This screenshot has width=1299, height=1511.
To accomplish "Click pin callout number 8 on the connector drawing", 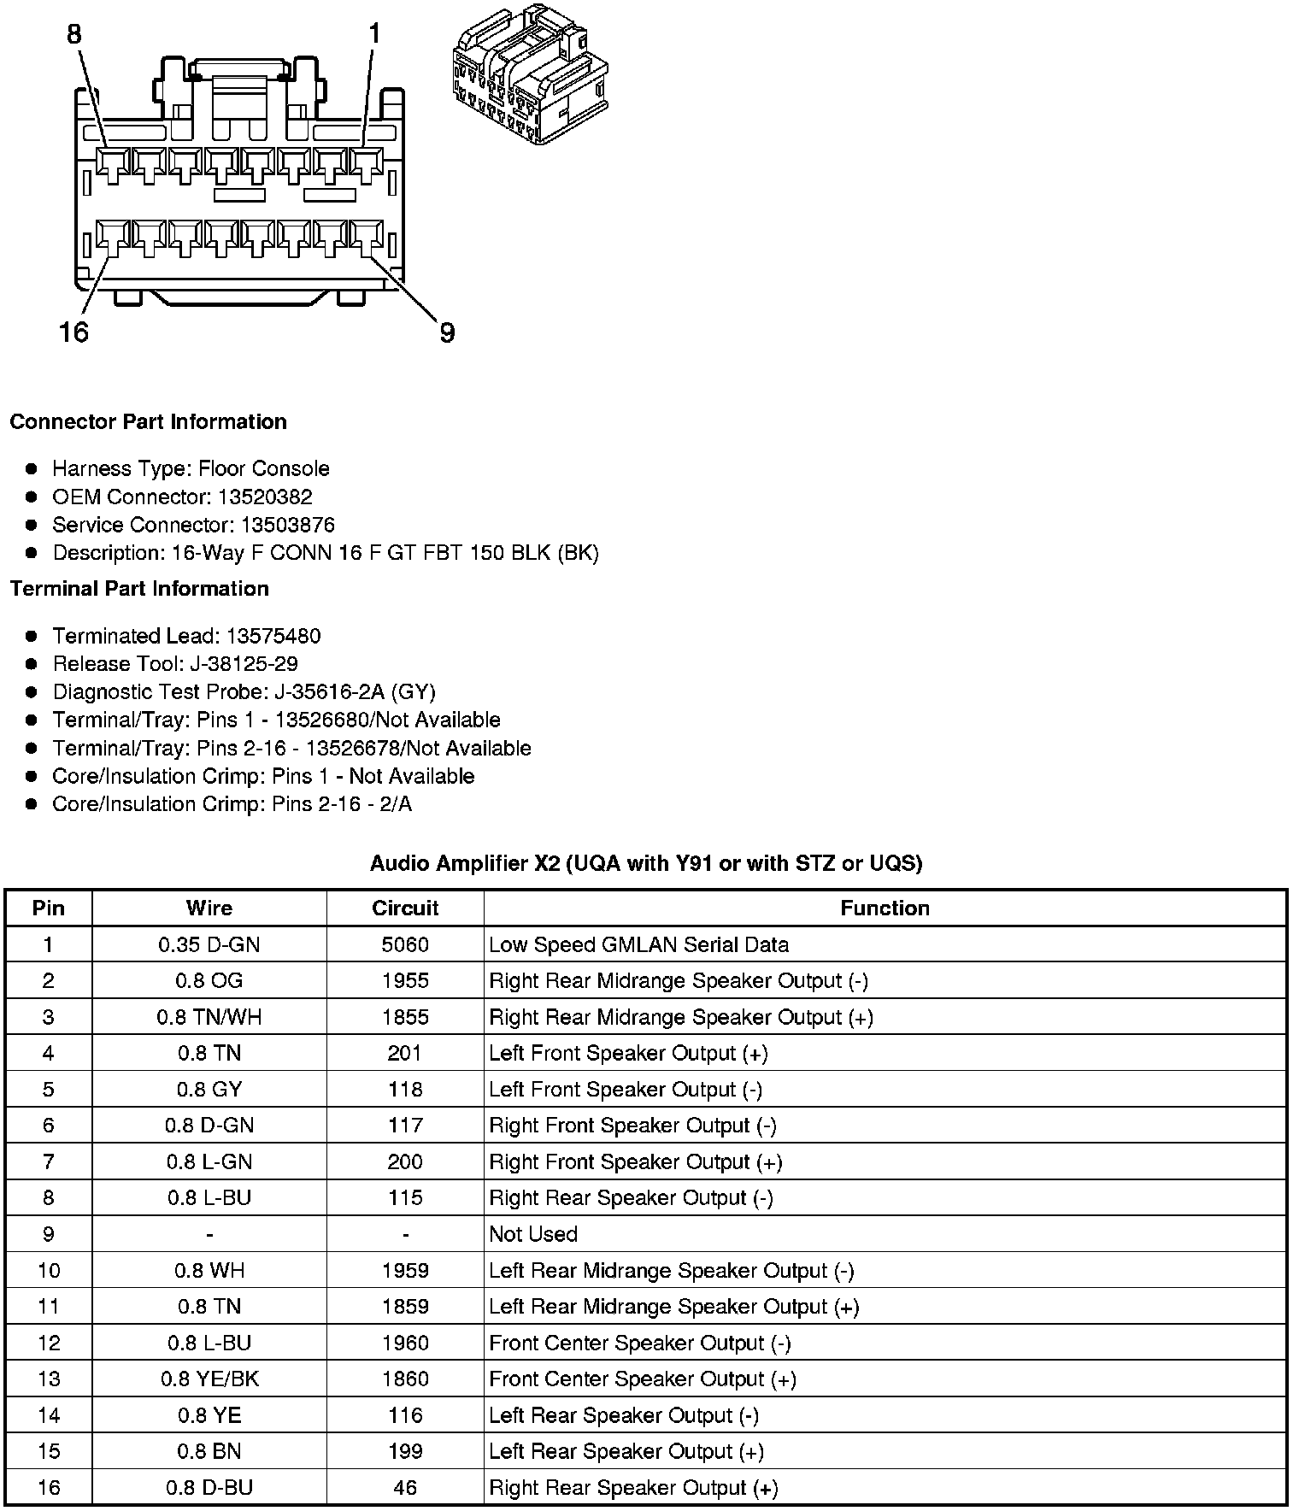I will point(74,34).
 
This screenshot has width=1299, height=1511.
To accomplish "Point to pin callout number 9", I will point(447,332).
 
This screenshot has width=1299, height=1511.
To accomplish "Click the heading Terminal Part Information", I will point(139,589).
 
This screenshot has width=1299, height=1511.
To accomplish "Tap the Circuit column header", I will point(405,908).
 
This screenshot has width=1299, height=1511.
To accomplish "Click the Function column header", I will point(885,908).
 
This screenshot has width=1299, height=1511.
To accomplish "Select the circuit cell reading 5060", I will point(405,944).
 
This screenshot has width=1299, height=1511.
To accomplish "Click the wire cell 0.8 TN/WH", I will point(209,1017).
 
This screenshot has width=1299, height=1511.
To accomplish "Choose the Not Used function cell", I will point(533,1234).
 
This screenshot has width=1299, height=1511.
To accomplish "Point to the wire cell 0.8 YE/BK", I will point(209,1379).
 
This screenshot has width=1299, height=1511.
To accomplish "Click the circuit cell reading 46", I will point(405,1487).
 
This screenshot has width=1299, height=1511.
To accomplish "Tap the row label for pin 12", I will point(49,1343).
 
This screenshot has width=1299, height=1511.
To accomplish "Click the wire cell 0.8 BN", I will point(209,1451).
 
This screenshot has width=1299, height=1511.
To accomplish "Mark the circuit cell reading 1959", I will point(405,1271).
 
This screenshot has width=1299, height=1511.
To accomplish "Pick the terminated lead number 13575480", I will point(273,636).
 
